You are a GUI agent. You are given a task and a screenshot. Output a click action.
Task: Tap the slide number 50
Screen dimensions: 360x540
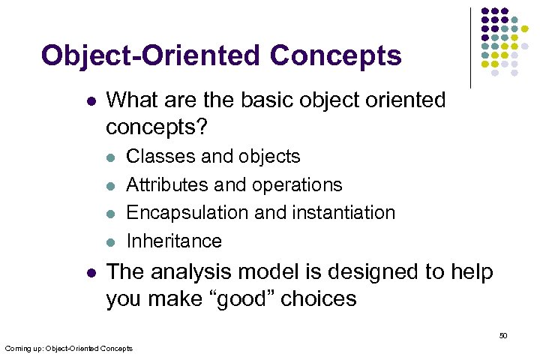503,335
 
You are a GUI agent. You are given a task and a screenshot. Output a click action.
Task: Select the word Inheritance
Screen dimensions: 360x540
174,241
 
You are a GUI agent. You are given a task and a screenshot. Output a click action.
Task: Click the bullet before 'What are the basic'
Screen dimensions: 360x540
91,100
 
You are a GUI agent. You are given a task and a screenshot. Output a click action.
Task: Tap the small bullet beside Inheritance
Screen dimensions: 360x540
110,241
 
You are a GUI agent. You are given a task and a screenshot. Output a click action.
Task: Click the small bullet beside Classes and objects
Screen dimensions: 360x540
110,157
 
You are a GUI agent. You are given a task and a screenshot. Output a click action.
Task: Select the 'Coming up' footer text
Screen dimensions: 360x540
68,348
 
